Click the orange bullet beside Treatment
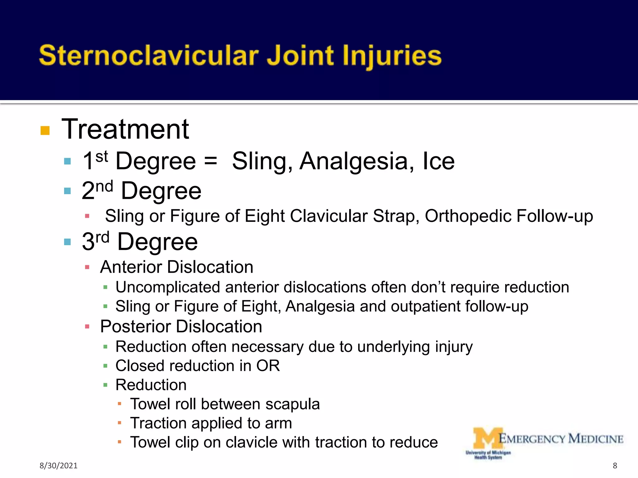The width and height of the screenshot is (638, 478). pyautogui.click(x=45, y=130)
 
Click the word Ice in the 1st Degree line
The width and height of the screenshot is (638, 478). pyautogui.click(x=439, y=161)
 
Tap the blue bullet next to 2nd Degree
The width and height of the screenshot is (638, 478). pyautogui.click(x=67, y=191)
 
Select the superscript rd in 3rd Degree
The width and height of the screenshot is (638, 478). pyautogui.click(x=102, y=238)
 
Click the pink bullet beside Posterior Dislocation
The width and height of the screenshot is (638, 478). pyautogui.click(x=87, y=327)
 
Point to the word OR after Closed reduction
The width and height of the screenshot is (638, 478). pyautogui.click(x=268, y=366)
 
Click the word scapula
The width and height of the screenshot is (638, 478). pyautogui.click(x=293, y=404)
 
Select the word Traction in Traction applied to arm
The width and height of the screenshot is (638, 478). pyautogui.click(x=158, y=423)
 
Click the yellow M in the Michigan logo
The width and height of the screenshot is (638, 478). pyautogui.click(x=488, y=438)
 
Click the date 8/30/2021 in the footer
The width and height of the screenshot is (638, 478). pyautogui.click(x=58, y=466)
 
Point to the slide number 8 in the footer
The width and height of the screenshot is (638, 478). pyautogui.click(x=615, y=466)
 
